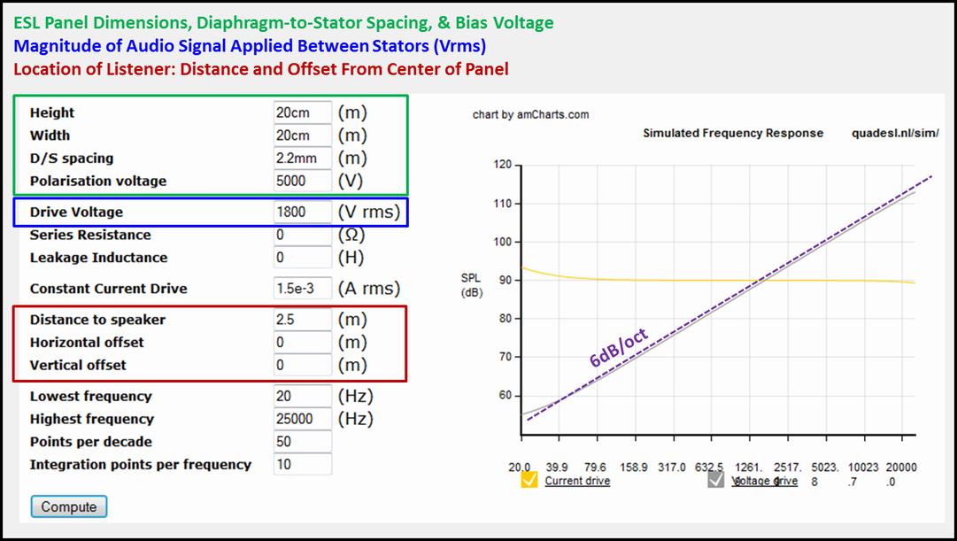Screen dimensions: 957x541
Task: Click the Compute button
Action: (69, 506)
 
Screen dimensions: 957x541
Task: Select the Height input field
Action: (302, 113)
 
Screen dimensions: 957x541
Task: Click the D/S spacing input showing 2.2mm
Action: (302, 158)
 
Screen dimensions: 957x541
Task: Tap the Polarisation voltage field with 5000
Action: (302, 181)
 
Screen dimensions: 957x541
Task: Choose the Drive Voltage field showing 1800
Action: (302, 212)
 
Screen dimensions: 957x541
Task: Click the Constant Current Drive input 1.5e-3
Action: (302, 288)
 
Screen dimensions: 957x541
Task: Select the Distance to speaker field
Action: (302, 320)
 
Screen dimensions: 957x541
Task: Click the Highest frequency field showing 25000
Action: (302, 419)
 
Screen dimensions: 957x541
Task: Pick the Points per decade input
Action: (302, 442)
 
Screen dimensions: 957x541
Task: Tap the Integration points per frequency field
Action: (302, 464)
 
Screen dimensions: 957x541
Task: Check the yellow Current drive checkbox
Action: (529, 480)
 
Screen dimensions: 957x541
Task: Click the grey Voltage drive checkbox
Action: (716, 480)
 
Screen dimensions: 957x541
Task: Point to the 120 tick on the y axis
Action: (502, 165)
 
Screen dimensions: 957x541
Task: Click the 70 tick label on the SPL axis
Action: (505, 357)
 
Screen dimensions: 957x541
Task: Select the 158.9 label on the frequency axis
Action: (634, 468)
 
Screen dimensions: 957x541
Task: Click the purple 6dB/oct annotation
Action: (618, 347)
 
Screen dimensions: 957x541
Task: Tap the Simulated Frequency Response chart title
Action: (733, 133)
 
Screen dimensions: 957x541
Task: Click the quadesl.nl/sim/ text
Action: (895, 133)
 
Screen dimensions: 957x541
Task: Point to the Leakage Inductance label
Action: (99, 258)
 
